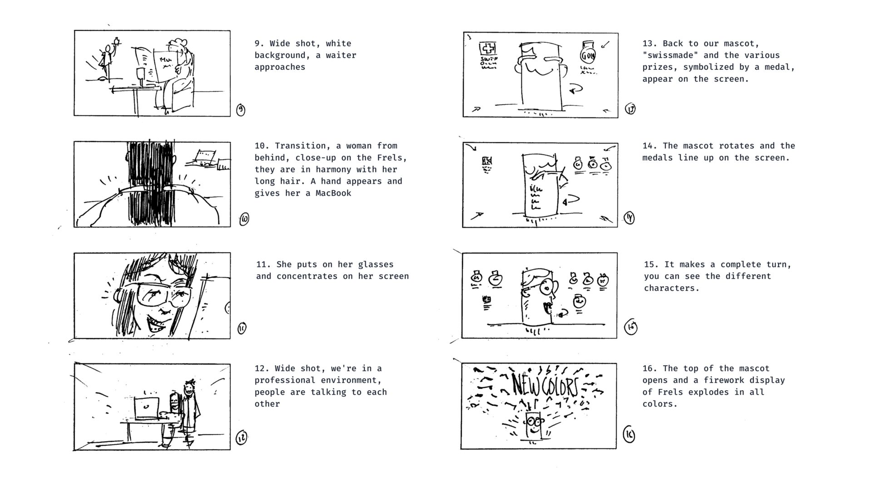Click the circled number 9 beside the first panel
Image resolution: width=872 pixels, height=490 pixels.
[x=241, y=110]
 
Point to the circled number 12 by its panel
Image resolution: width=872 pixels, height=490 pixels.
[x=241, y=438]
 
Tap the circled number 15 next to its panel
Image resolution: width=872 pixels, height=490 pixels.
[x=631, y=327]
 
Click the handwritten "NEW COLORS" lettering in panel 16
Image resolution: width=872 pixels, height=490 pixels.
[x=545, y=385]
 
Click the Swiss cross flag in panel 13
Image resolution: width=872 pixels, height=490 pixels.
[x=488, y=48]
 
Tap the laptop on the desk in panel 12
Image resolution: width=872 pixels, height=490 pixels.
[x=147, y=408]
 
